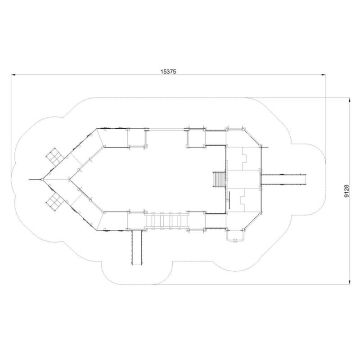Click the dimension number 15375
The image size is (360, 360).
click(x=168, y=72)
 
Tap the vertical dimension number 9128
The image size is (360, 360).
click(x=346, y=191)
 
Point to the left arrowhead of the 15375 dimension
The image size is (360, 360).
click(x=13, y=75)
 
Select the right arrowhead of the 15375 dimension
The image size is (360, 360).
click(x=324, y=75)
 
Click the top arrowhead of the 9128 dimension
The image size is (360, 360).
click(x=350, y=100)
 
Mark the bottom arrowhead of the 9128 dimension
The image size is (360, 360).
click(x=350, y=282)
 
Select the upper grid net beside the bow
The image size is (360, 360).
click(x=54, y=157)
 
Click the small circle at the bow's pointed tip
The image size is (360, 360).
click(x=42, y=179)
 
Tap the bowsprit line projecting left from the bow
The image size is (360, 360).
click(x=35, y=179)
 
